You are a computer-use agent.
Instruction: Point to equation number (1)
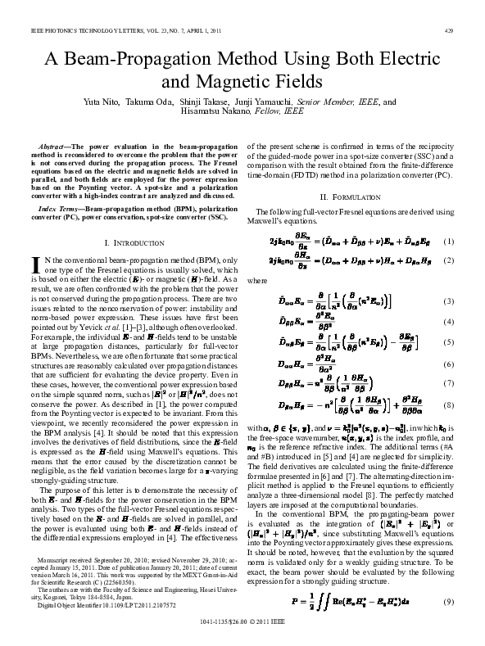coord(448,242)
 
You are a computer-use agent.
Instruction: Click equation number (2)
coord(448,260)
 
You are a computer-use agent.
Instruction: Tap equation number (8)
coord(448,404)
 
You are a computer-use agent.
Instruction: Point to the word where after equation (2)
coord(257,280)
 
